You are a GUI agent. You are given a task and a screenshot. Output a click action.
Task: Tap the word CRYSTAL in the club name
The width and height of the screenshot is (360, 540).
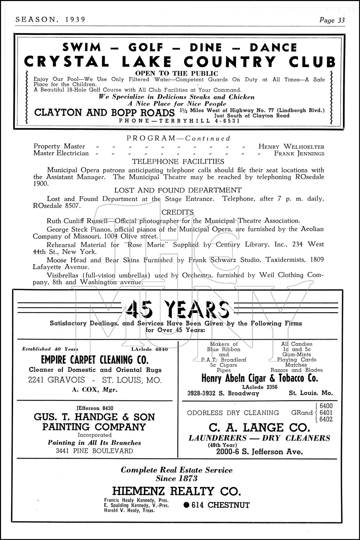point(66,62)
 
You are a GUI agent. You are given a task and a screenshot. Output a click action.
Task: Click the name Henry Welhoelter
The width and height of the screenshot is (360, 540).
point(291,147)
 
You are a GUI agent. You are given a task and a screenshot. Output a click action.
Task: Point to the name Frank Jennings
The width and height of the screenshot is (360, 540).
point(299,153)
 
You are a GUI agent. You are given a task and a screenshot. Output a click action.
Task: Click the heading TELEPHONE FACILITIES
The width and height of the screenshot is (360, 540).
point(178,162)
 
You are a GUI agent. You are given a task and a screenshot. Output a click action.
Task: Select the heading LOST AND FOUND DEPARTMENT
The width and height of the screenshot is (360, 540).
point(178,190)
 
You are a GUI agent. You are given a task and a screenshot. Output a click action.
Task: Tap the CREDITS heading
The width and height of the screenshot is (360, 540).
point(178,212)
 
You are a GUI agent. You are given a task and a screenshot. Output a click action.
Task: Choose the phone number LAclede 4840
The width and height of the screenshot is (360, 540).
point(149,349)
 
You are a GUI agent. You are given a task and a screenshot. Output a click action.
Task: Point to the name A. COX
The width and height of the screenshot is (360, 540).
point(87,390)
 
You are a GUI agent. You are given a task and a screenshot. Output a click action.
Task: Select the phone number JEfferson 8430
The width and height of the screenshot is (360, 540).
point(95,408)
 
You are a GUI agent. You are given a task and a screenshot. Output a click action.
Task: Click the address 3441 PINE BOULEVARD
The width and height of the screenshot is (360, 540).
point(95,451)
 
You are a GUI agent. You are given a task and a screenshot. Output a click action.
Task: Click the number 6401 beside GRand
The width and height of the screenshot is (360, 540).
point(326,413)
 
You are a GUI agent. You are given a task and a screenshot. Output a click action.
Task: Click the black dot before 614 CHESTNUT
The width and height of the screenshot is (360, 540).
point(186,505)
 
